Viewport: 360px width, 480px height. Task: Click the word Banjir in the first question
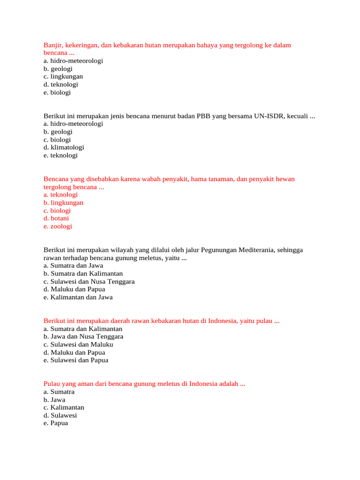coord(52,45)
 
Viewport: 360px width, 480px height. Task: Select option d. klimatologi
coord(64,147)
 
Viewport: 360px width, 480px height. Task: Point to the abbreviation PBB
coord(202,116)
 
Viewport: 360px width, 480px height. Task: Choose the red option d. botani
coord(56,218)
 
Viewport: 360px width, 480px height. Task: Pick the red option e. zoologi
coord(58,226)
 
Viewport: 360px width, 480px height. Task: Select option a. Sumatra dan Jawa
coord(73,265)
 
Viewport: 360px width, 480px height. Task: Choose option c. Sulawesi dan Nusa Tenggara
coord(89,282)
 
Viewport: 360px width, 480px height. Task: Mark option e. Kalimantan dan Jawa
coord(78,297)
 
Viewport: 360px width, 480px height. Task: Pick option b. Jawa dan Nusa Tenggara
coord(83,337)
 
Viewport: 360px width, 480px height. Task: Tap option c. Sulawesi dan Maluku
coord(78,345)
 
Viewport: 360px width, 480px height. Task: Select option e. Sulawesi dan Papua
coord(76,360)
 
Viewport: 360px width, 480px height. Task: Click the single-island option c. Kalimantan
coord(64,407)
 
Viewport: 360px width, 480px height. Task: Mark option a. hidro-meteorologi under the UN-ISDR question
coord(73,124)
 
